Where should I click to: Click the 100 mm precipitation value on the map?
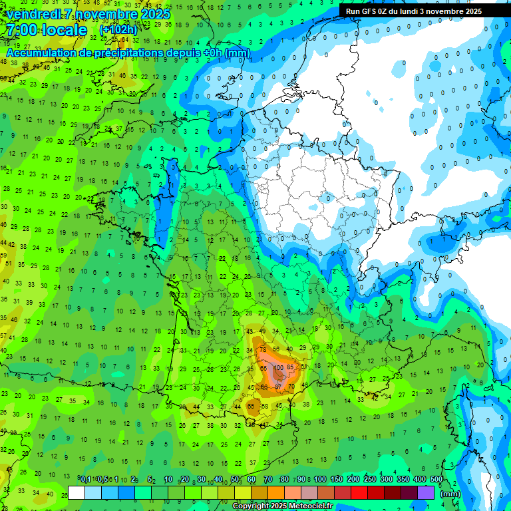pos(278,368)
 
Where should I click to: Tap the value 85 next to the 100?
pos(290,368)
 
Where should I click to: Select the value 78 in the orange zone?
pos(263,350)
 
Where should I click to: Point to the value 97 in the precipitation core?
pos(278,387)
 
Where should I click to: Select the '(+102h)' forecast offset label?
pos(118,30)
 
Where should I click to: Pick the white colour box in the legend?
pos(77,493)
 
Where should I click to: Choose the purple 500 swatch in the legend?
pos(426,493)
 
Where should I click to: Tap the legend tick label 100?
pos(320,480)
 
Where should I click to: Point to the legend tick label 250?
pos(370,480)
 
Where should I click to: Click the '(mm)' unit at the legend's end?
pos(450,494)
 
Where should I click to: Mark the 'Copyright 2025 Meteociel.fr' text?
pos(282,506)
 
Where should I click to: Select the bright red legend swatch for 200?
pos(359,493)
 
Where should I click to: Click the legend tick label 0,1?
pos(85,480)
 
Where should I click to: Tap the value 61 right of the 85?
pos(305,367)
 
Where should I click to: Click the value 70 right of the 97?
pos(291,387)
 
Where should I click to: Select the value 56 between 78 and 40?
pos(275,349)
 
